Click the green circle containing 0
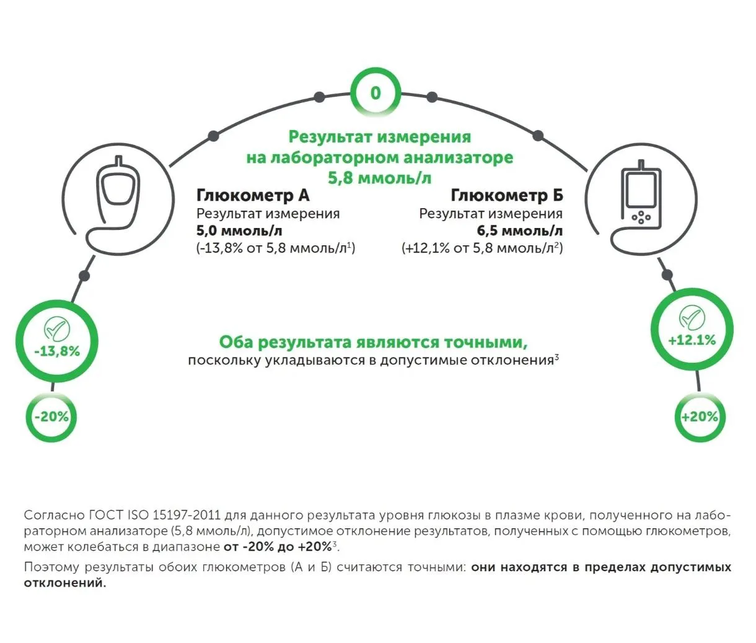click(376, 93)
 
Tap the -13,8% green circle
click(56, 343)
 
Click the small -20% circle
click(51, 417)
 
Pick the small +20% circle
click(699, 417)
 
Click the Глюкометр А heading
click(253, 195)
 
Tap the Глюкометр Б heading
click(507, 195)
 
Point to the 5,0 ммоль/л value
click(239, 231)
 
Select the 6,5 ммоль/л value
click(520, 231)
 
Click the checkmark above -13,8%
click(56, 329)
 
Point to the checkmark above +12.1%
click(692, 318)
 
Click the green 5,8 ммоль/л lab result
click(379, 178)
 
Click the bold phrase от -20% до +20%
click(277, 547)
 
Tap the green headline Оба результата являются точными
click(373, 342)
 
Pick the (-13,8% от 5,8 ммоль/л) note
click(276, 248)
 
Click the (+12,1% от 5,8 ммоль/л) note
click(482, 248)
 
